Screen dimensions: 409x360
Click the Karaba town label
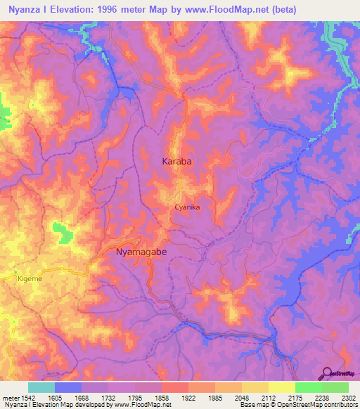pyautogui.click(x=177, y=162)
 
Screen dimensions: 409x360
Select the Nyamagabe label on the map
pyautogui.click(x=145, y=251)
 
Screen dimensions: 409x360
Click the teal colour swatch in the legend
pyautogui.click(x=41, y=387)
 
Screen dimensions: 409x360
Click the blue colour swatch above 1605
pyautogui.click(x=68, y=387)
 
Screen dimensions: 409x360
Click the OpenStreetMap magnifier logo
pyautogui.click(x=327, y=372)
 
